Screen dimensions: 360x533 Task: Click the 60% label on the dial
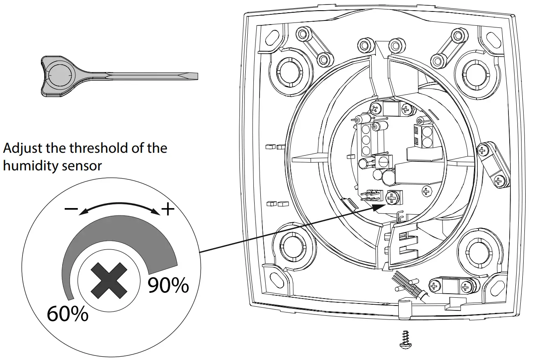coord(68,314)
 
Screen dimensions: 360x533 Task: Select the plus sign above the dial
coord(168,210)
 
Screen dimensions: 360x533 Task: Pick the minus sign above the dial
coord(71,209)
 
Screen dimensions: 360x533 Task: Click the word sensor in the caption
coord(83,166)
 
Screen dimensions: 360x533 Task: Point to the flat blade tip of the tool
coord(192,76)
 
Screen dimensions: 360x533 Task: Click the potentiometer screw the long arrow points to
coord(393,198)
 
